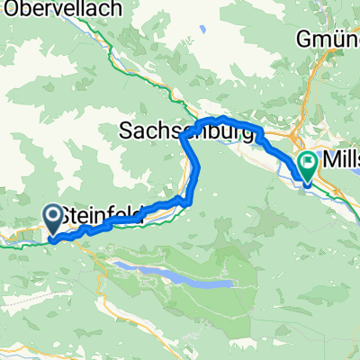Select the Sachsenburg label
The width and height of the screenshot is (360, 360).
(185, 131)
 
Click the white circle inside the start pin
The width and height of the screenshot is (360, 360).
(51, 214)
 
